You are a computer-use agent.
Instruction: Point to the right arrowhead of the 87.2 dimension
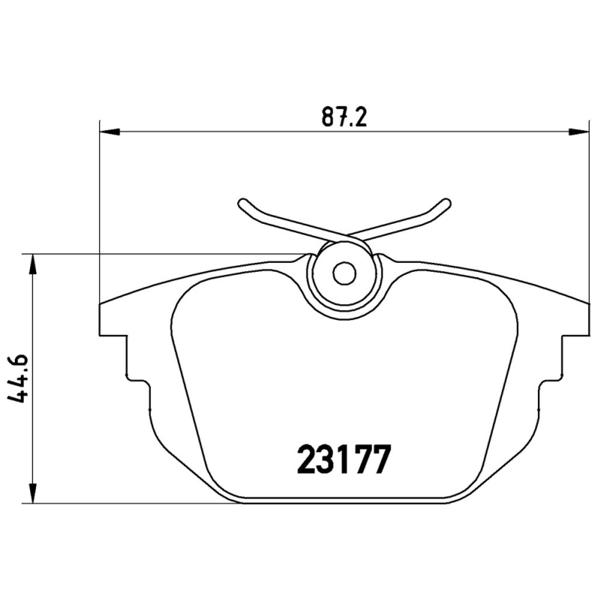click(578, 133)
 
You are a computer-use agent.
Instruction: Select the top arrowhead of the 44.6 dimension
click(32, 263)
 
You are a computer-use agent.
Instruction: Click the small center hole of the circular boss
click(344, 274)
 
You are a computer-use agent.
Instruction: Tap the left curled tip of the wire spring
click(243, 204)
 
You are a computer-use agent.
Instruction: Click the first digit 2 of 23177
click(306, 460)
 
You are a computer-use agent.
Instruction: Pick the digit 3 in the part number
click(325, 460)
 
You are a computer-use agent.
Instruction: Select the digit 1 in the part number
click(343, 460)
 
